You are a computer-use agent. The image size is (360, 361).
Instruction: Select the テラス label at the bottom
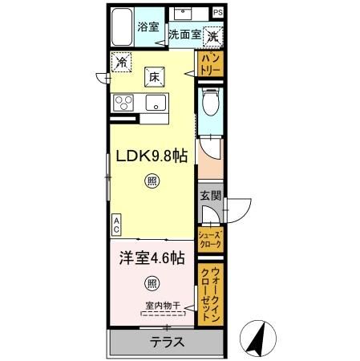[x=167, y=341]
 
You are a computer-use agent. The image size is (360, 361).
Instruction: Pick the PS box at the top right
[x=218, y=13]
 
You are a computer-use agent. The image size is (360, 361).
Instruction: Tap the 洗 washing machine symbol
[x=213, y=36]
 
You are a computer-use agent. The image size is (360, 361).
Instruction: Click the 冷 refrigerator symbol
[x=122, y=61]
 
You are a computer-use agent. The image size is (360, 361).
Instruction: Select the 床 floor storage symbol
[x=152, y=78]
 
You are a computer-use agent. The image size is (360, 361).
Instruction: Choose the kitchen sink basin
[x=155, y=103]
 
